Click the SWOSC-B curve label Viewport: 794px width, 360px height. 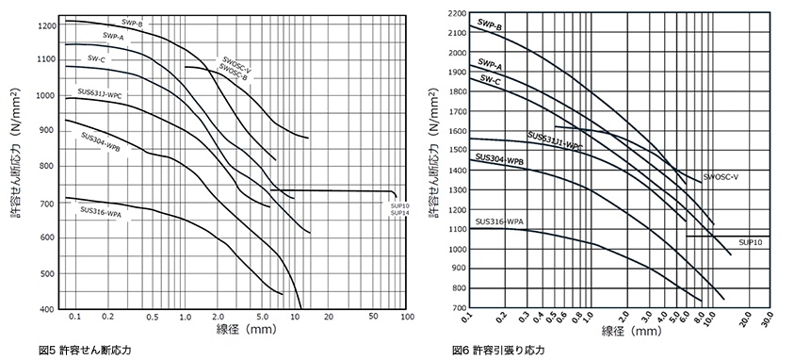pyautogui.click(x=234, y=74)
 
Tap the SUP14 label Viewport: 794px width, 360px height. pyautogui.click(x=400, y=213)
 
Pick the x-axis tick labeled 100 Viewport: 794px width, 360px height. pyautogui.click(x=407, y=317)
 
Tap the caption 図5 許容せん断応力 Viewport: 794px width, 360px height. pyautogui.click(x=85, y=350)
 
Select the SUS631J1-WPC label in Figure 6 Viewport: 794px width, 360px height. pyautogui.click(x=555, y=141)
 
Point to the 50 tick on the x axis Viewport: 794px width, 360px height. pyautogui.click(x=374, y=317)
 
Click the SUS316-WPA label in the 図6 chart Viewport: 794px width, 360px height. pyautogui.click(x=499, y=221)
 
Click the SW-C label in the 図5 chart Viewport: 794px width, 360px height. pyautogui.click(x=96, y=58)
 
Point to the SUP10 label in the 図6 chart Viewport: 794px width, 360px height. pyautogui.click(x=751, y=243)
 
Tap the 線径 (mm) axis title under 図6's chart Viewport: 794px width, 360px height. pyautogui.click(x=631, y=332)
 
